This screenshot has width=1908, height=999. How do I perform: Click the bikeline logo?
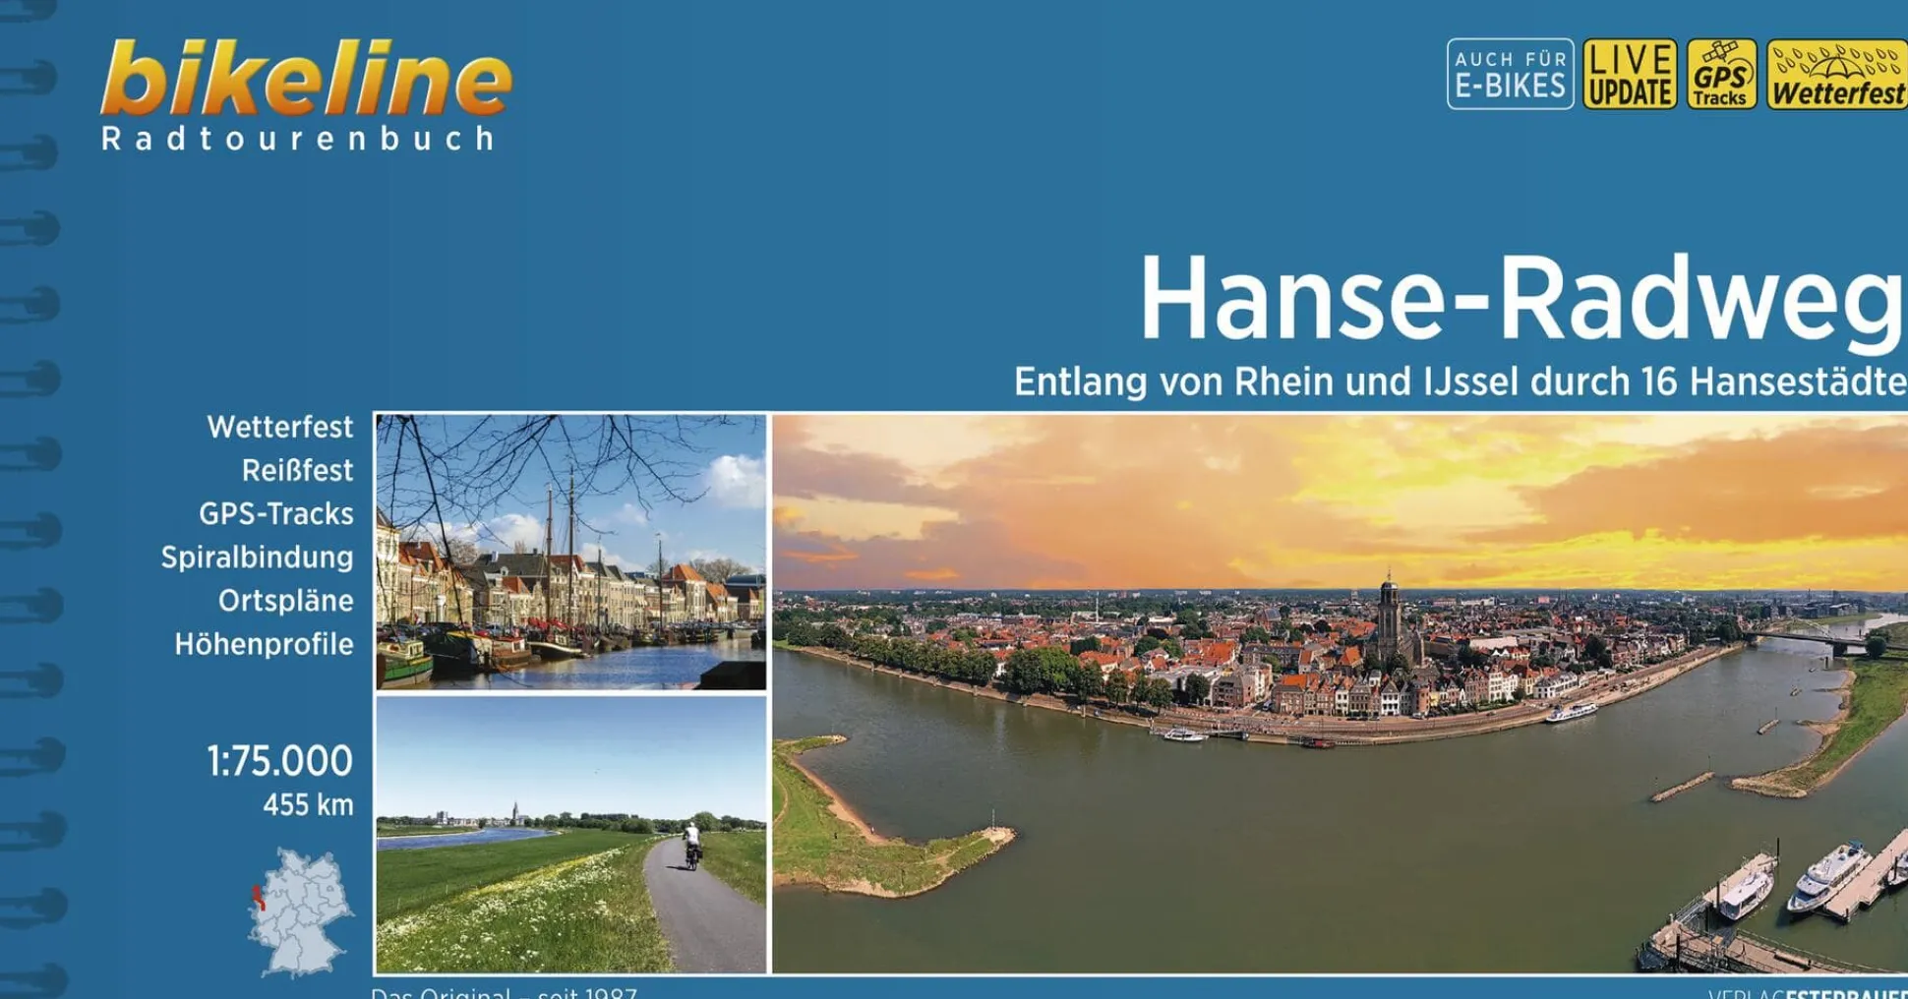pos(305,79)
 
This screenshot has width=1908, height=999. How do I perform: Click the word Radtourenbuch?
pos(298,139)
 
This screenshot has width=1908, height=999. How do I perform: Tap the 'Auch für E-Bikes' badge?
pos(1510,74)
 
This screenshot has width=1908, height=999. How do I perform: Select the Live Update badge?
pos(1630,74)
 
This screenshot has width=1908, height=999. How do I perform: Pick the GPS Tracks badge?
pos(1721,74)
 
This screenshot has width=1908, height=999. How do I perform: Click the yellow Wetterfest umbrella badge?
pos(1836,74)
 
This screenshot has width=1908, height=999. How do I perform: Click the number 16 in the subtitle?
pos(1658,382)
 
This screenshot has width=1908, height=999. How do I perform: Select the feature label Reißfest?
pos(297,471)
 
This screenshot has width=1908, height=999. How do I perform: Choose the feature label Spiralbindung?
pos(257,558)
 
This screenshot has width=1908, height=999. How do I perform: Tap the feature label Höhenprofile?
pos(264,645)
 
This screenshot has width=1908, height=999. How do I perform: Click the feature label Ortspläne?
pos(285,601)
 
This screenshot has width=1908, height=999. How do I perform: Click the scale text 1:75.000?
pos(279,761)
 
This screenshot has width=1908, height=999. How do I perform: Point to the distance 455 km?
pos(308,805)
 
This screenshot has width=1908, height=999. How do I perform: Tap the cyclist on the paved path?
pos(692,847)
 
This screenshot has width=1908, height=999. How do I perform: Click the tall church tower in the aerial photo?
pos(1388,615)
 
